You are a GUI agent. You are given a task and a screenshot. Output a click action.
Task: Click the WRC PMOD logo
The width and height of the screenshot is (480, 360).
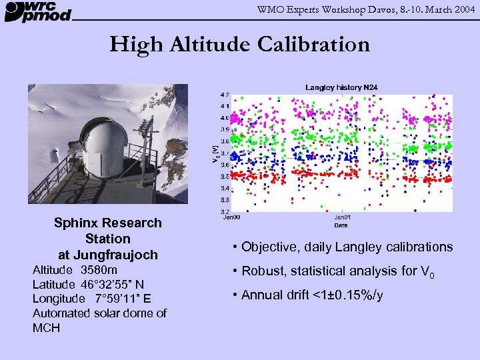(37, 11)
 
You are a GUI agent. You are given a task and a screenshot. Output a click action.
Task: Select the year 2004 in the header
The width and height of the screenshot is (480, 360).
(464, 8)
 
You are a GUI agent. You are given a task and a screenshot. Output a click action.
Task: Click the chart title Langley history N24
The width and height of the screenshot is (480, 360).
(341, 87)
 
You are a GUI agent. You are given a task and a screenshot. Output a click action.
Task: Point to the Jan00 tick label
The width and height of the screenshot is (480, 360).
(231, 217)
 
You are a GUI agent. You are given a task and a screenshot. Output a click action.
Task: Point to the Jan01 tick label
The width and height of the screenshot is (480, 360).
(341, 217)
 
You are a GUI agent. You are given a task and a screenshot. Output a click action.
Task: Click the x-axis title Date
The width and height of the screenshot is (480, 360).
(341, 223)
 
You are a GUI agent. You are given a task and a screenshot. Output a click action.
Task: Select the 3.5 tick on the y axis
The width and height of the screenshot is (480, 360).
(225, 176)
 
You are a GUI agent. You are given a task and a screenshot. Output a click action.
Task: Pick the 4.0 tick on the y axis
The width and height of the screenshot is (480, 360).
(225, 118)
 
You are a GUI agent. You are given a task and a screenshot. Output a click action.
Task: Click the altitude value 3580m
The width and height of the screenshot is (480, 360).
(99, 270)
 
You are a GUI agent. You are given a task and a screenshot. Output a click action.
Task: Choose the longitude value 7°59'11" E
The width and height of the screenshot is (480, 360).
(121, 298)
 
